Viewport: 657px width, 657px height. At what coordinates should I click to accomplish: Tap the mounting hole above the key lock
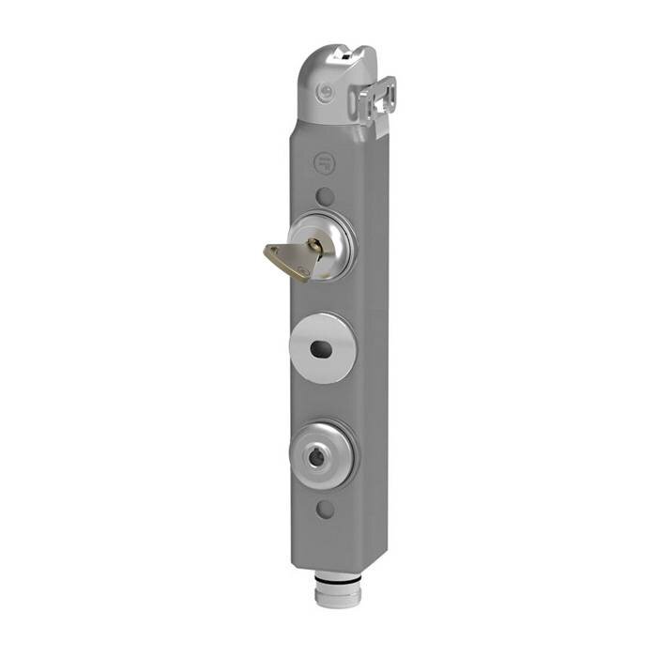pos(325,197)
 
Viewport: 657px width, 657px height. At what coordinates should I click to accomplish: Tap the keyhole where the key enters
pos(316,247)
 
